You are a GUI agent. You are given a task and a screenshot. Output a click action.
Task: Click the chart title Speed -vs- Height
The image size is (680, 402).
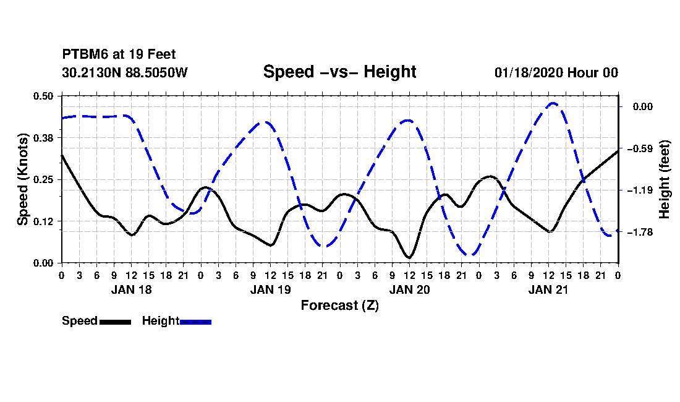[339, 72]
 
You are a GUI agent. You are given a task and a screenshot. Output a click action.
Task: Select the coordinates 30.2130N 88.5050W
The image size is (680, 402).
[125, 72]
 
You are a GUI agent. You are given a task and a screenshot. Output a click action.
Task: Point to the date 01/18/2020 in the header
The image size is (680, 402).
[528, 72]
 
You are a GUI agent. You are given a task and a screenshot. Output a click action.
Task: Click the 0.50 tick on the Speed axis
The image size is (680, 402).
[43, 96]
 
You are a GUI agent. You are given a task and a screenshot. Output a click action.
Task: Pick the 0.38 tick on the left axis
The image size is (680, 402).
[43, 138]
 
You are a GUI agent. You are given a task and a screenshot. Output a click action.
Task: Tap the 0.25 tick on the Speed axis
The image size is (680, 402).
[43, 179]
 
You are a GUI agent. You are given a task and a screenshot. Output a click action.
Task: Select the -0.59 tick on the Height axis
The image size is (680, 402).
[642, 149]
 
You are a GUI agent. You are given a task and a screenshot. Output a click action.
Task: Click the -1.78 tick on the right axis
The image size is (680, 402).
[642, 233]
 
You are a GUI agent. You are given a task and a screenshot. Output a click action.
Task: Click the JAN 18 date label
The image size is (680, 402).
[132, 290]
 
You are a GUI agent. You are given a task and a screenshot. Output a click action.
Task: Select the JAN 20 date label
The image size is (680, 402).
[409, 290]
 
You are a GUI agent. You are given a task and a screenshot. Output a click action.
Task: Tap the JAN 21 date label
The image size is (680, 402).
[548, 290]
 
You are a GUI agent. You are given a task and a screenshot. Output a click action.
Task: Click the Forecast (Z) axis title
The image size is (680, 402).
[339, 306]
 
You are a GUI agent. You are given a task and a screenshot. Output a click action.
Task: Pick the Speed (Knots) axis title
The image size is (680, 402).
[22, 179]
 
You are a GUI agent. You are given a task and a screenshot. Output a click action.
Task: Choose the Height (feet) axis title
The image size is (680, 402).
[664, 179]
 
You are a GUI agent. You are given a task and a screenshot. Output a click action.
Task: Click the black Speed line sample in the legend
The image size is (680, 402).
[115, 322]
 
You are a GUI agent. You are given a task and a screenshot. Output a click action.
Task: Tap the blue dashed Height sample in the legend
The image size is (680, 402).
[195, 322]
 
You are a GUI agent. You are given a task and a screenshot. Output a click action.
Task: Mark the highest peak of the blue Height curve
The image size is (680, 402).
[553, 103]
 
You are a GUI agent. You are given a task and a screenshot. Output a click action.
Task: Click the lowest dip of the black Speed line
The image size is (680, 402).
[409, 258]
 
